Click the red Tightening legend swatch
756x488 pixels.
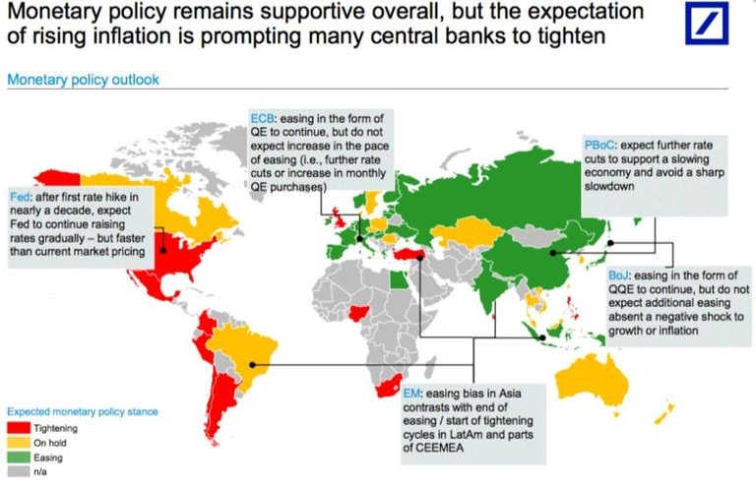tap(17, 428)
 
